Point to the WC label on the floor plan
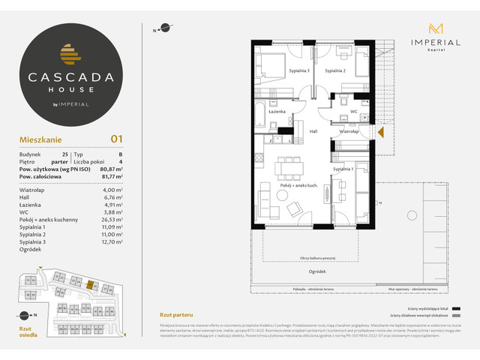pyautogui.click(x=352, y=112)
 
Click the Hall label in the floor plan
pyautogui.click(x=314, y=130)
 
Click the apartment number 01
pyautogui.click(x=116, y=138)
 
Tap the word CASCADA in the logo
pyautogui.click(x=73, y=76)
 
